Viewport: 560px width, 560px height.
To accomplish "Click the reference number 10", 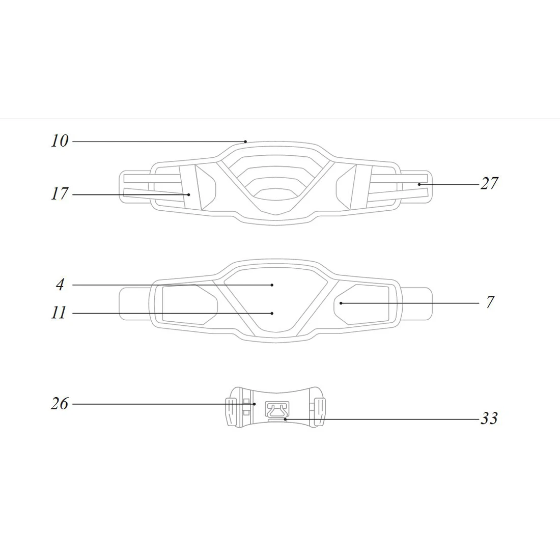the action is (59, 141).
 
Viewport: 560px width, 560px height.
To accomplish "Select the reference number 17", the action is (59, 193).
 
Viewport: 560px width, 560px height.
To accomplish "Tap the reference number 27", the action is (489, 183).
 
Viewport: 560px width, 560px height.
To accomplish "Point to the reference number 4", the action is (60, 285).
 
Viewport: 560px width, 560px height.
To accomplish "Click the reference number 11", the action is (59, 313).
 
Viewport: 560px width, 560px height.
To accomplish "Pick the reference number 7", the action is (490, 302).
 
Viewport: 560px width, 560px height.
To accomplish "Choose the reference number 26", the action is (59, 404).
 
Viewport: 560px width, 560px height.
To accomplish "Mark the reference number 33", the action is (489, 418).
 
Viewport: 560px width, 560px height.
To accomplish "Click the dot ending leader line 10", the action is (245, 142).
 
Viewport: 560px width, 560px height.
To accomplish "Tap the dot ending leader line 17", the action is (188, 194).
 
